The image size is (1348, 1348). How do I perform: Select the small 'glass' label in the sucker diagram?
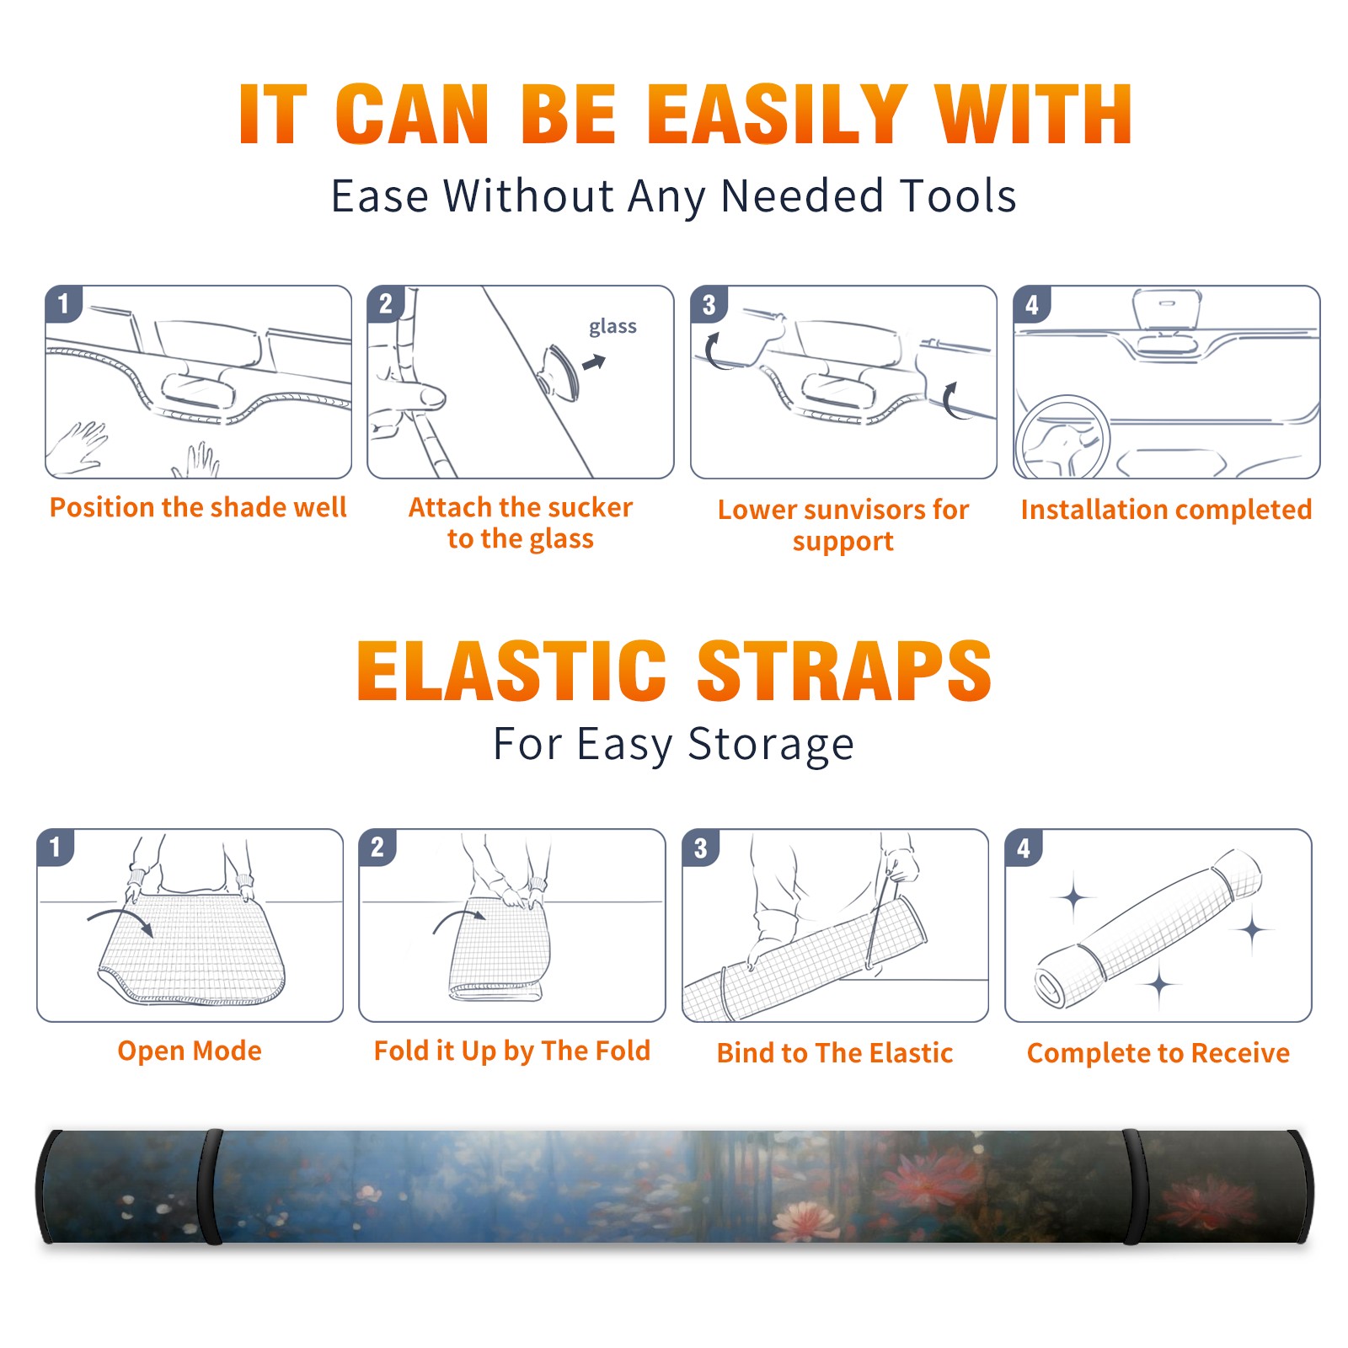coord(612,327)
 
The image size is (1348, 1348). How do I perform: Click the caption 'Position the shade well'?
coord(198,507)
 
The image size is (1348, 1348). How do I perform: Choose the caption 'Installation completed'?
coord(1166,510)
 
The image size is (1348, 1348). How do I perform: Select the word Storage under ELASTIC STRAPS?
coord(771,745)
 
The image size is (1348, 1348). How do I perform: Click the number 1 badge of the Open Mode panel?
coord(56,847)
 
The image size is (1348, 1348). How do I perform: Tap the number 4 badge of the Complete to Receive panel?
coord(1024,848)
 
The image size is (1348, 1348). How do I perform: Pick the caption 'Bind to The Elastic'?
coord(835,1053)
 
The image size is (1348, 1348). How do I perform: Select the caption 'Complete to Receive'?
coord(1158,1053)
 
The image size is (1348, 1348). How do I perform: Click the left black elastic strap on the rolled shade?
coord(211,1186)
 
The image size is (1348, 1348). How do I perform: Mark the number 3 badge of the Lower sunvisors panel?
coord(709,304)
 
